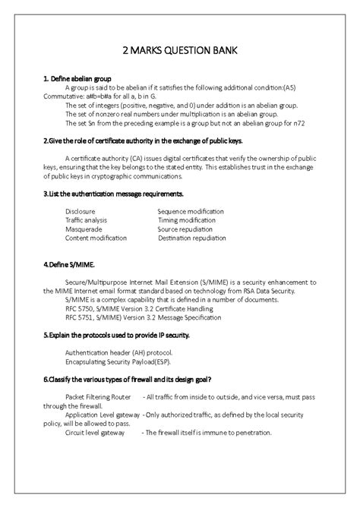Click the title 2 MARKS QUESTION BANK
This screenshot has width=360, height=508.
point(180,50)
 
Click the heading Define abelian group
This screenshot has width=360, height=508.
point(77,78)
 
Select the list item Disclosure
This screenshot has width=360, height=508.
point(80,210)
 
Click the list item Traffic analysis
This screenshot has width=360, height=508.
point(87,219)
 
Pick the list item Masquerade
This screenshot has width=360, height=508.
point(83,228)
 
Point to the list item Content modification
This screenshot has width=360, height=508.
point(95,238)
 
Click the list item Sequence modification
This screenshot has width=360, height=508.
point(191,210)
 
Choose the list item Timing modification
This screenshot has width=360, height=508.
point(187,219)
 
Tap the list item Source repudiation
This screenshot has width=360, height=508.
point(186,228)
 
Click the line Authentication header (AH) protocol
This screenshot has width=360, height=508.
point(119,353)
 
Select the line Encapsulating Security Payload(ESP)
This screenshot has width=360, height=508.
point(118,362)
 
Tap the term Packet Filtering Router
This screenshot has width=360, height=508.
point(99,397)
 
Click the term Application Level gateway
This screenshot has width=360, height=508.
point(103,415)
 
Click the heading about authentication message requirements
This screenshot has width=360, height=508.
point(114,194)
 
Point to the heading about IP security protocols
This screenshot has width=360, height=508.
point(116,334)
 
